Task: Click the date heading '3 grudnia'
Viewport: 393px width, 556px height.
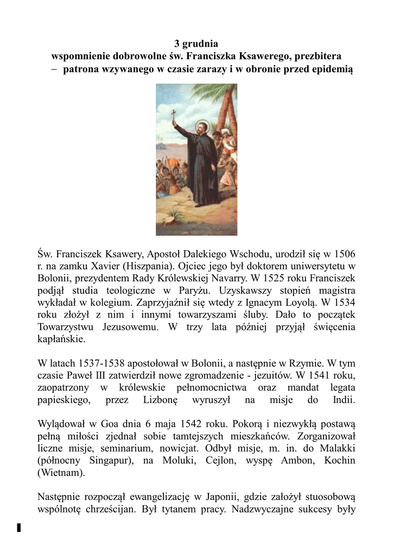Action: point(196,43)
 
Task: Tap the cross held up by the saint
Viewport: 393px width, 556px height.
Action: point(174,116)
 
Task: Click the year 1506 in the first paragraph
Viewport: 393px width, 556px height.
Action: point(344,253)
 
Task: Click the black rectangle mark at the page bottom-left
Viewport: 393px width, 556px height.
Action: point(19,527)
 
